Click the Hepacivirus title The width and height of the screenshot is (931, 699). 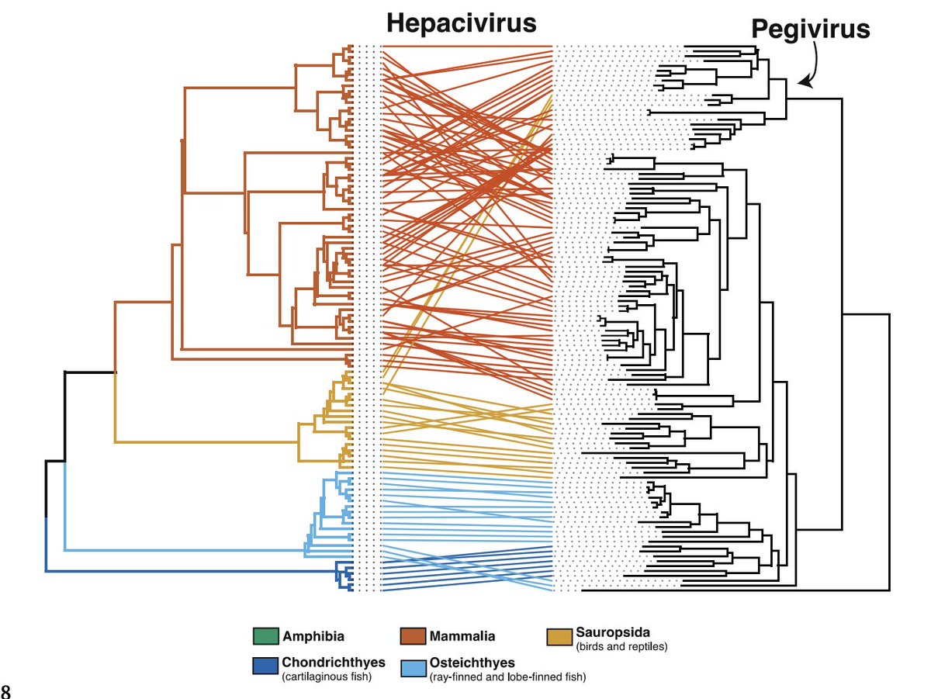point(461,22)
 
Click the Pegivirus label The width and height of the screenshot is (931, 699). point(810,29)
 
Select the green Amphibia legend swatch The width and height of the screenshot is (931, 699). point(265,636)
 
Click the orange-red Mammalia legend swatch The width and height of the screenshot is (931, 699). point(412,636)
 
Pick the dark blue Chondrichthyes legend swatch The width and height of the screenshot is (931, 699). point(265,666)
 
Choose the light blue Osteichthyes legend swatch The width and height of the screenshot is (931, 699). point(412,666)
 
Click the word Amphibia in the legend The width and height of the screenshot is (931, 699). point(313,637)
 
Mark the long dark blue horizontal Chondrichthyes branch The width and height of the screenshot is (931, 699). point(190,572)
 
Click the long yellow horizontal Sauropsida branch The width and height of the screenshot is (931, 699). point(206,442)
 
